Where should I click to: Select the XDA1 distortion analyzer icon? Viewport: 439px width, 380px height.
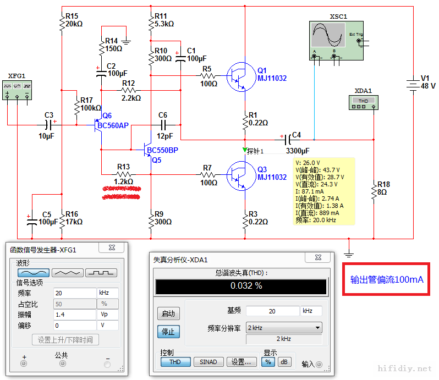364,102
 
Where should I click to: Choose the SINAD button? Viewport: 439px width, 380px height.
208,362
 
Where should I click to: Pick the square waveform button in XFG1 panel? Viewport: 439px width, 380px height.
101,273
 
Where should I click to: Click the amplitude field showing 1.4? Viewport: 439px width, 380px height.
74,314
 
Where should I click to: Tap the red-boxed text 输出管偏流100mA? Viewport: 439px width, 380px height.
387,279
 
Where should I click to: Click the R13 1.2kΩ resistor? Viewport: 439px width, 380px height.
123,174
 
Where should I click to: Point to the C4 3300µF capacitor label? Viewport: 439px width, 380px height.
297,150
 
